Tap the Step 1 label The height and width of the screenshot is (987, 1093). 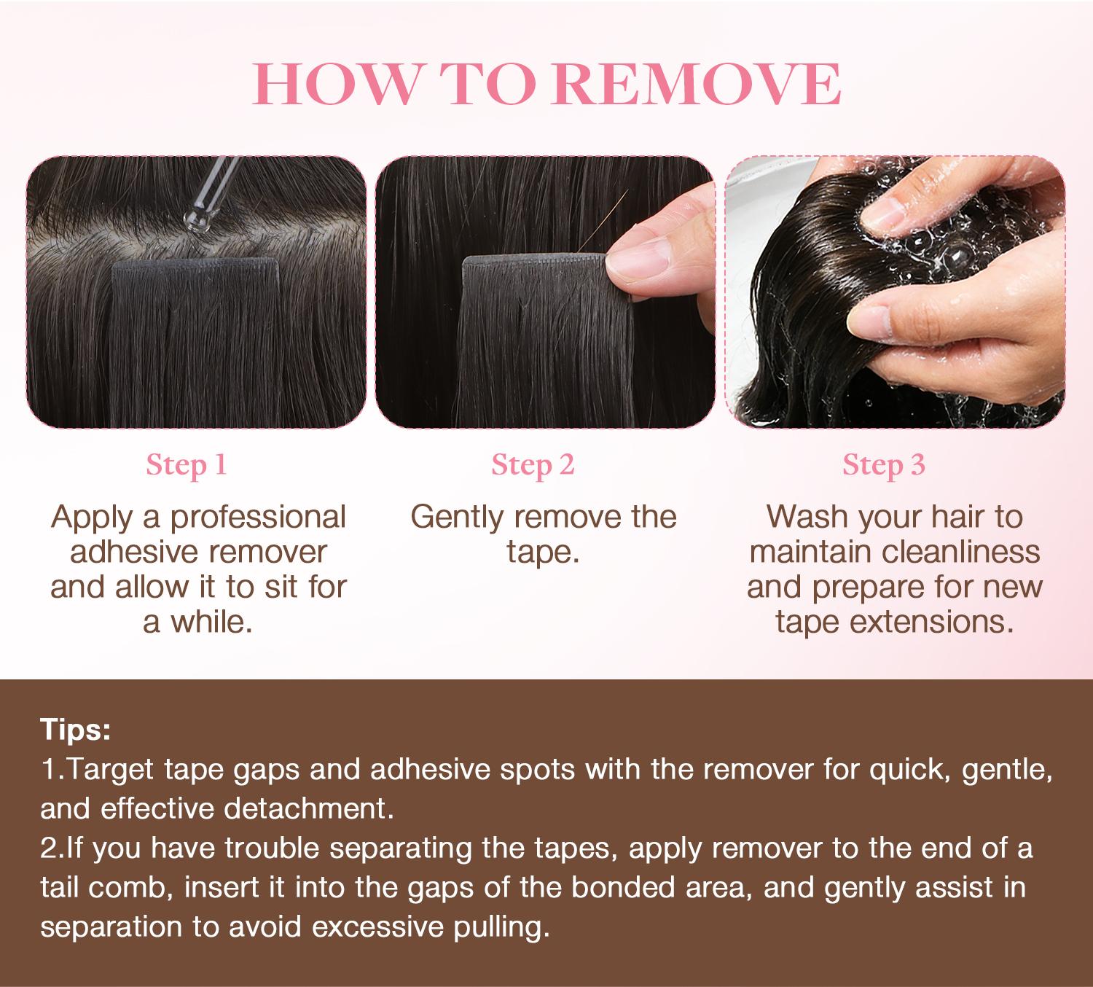pyautogui.click(x=187, y=465)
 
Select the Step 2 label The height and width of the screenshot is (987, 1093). pyautogui.click(x=533, y=465)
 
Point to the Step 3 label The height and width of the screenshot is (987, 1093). pyautogui.click(x=884, y=465)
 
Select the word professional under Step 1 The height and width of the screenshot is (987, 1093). pyautogui.click(x=258, y=517)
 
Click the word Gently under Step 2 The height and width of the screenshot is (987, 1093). pyautogui.click(x=457, y=517)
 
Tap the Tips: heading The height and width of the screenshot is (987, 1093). pyautogui.click(x=75, y=730)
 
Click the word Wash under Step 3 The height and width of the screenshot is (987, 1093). pyautogui.click(x=808, y=517)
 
